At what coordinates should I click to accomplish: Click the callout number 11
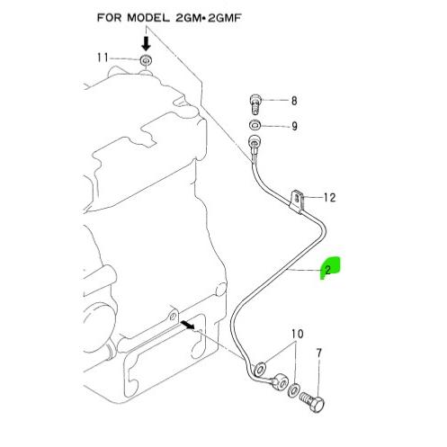[103, 58]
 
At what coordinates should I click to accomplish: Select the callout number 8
[294, 101]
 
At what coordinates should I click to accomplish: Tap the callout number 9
[294, 126]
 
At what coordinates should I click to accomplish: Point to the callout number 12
[330, 197]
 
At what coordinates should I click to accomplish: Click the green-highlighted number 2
[327, 270]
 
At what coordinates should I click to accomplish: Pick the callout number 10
[298, 334]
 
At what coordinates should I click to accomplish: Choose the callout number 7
[319, 353]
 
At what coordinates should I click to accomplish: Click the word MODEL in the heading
[148, 18]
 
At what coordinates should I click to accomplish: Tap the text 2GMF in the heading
[225, 18]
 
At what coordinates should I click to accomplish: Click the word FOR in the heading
[110, 18]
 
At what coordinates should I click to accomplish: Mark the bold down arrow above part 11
[146, 44]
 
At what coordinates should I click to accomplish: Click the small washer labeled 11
[146, 60]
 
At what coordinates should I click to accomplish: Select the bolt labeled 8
[255, 104]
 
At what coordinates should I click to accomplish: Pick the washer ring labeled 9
[255, 125]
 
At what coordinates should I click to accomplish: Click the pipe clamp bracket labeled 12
[298, 201]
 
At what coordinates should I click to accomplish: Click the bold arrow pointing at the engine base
[188, 324]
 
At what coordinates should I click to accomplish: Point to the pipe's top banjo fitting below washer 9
[255, 141]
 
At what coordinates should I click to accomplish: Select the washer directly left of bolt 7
[293, 390]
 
